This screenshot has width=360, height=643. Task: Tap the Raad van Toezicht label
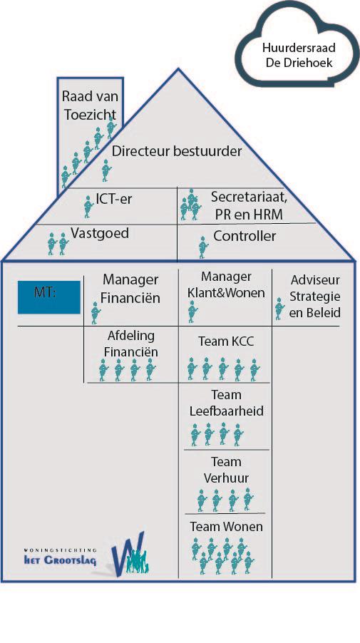click(90, 106)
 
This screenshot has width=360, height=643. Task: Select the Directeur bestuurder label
click(177, 151)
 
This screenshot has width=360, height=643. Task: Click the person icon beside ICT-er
click(88, 207)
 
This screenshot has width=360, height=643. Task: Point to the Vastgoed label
click(100, 233)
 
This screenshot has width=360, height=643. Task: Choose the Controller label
click(245, 236)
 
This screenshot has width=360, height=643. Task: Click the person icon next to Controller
click(203, 247)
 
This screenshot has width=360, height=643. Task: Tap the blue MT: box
click(48, 297)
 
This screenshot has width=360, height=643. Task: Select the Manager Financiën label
click(130, 289)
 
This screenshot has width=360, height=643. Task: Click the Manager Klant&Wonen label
click(226, 284)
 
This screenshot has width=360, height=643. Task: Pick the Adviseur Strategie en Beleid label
click(315, 297)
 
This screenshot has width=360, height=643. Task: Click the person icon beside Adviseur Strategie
click(279, 309)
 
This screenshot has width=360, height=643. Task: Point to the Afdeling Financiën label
click(130, 344)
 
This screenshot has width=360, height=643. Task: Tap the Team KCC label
click(226, 341)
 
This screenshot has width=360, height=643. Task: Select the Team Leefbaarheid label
click(226, 403)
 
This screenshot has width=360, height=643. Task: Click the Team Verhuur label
click(226, 470)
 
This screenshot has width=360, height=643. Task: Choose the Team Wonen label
click(226, 527)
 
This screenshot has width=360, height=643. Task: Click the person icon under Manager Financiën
click(95, 313)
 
